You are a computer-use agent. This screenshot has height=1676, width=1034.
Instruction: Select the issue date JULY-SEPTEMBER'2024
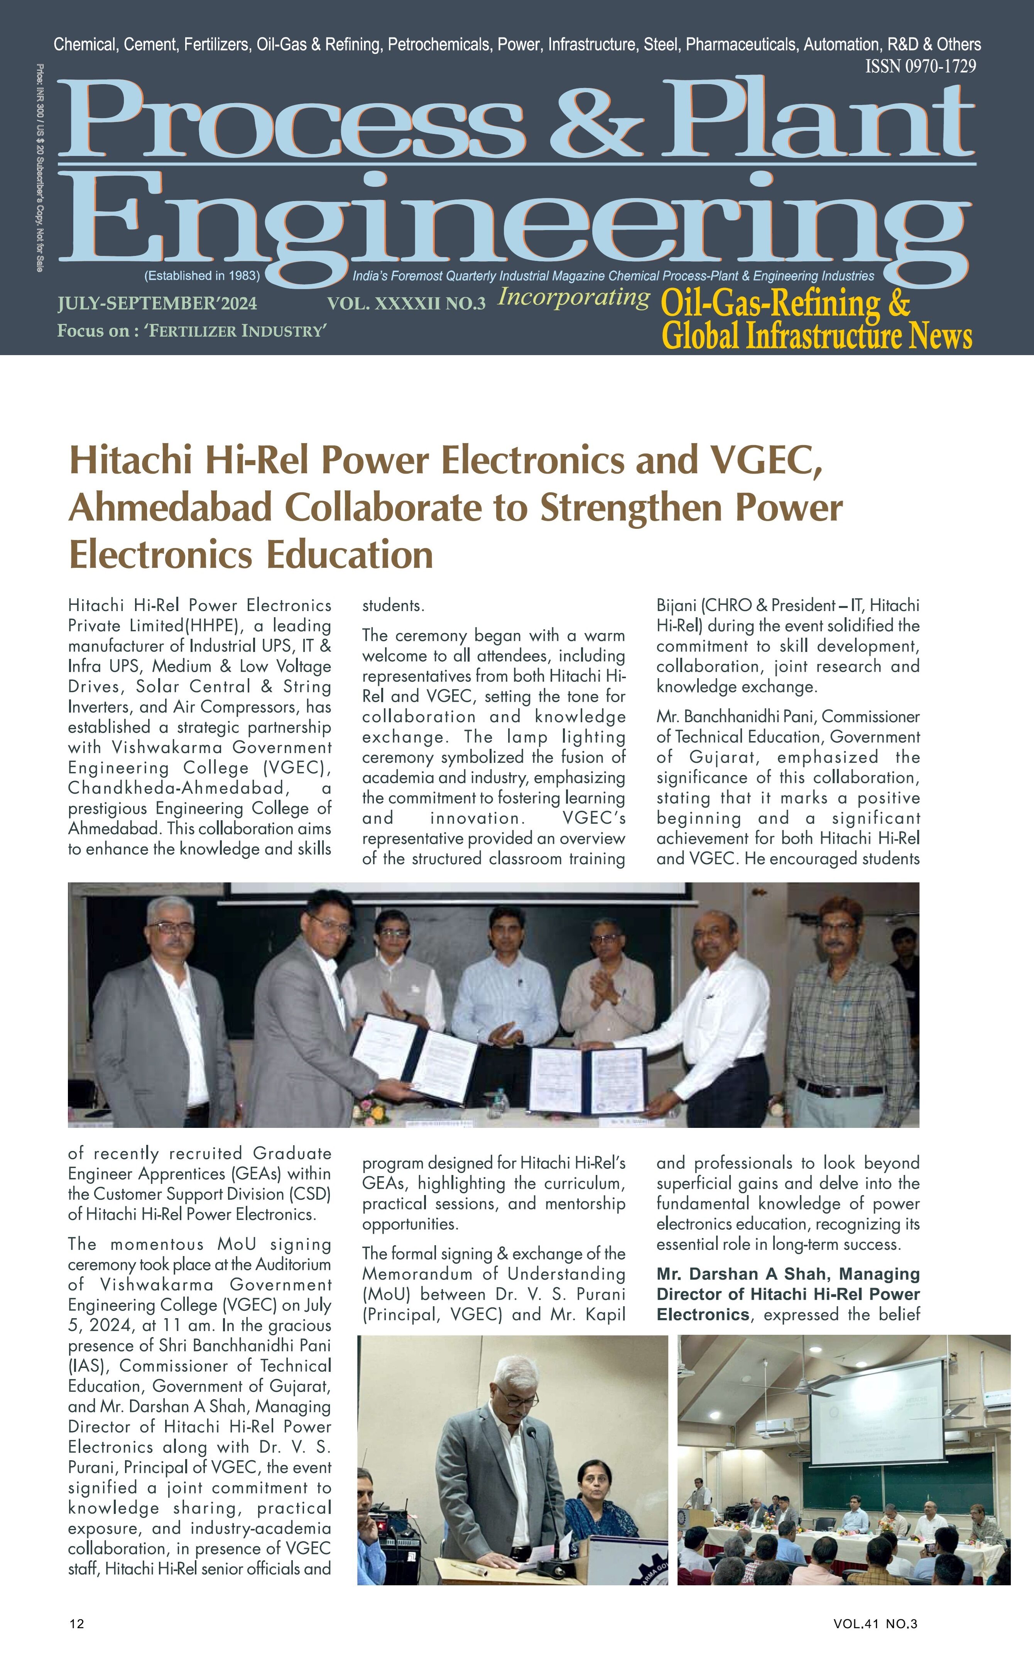point(157,303)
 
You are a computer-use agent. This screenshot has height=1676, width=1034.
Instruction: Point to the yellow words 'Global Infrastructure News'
point(817,337)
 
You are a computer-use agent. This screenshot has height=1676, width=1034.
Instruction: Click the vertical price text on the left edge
point(40,168)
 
